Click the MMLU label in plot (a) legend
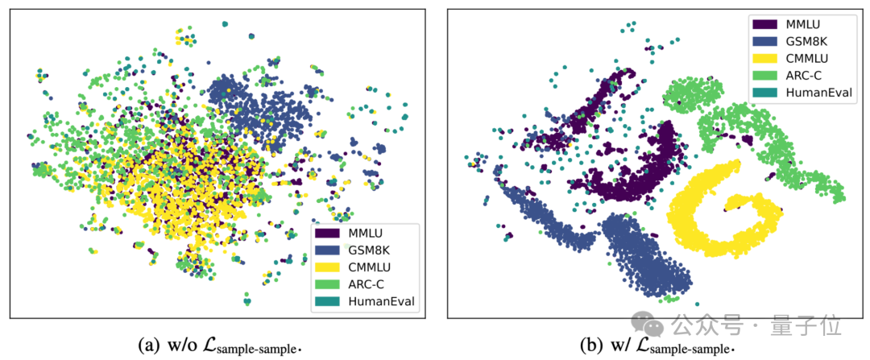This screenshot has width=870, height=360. (x=368, y=234)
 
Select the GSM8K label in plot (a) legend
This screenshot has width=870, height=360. (x=371, y=250)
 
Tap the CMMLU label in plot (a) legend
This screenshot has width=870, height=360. (x=371, y=267)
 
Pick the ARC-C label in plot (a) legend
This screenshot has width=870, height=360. (x=367, y=284)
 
